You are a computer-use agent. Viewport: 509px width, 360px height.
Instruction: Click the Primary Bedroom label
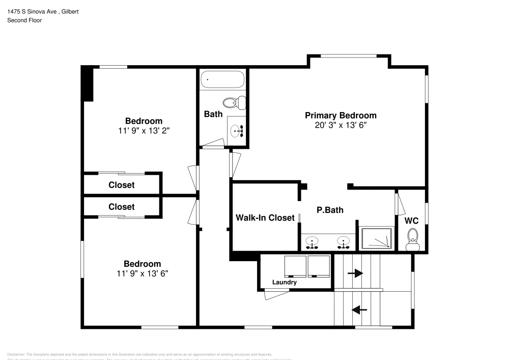341,116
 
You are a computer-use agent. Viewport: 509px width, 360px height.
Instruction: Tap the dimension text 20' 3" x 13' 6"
341,125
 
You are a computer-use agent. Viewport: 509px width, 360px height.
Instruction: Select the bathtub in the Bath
222,79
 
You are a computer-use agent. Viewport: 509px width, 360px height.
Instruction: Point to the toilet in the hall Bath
235,102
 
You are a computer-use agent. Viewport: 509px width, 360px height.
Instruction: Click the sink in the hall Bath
237,131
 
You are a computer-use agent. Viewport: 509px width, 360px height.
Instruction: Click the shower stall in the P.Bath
377,238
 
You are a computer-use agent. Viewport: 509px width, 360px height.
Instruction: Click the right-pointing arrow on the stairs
355,273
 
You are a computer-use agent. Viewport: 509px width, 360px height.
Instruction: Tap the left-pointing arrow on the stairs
360,309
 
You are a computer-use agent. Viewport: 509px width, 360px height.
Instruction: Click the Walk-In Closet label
265,218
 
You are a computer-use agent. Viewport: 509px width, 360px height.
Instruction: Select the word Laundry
285,282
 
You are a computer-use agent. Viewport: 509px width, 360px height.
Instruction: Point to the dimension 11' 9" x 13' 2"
144,130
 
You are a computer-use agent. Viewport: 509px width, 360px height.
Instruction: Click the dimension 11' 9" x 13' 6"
143,273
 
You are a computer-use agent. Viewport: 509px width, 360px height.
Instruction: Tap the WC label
411,221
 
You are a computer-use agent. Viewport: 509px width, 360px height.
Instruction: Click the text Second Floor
24,20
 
